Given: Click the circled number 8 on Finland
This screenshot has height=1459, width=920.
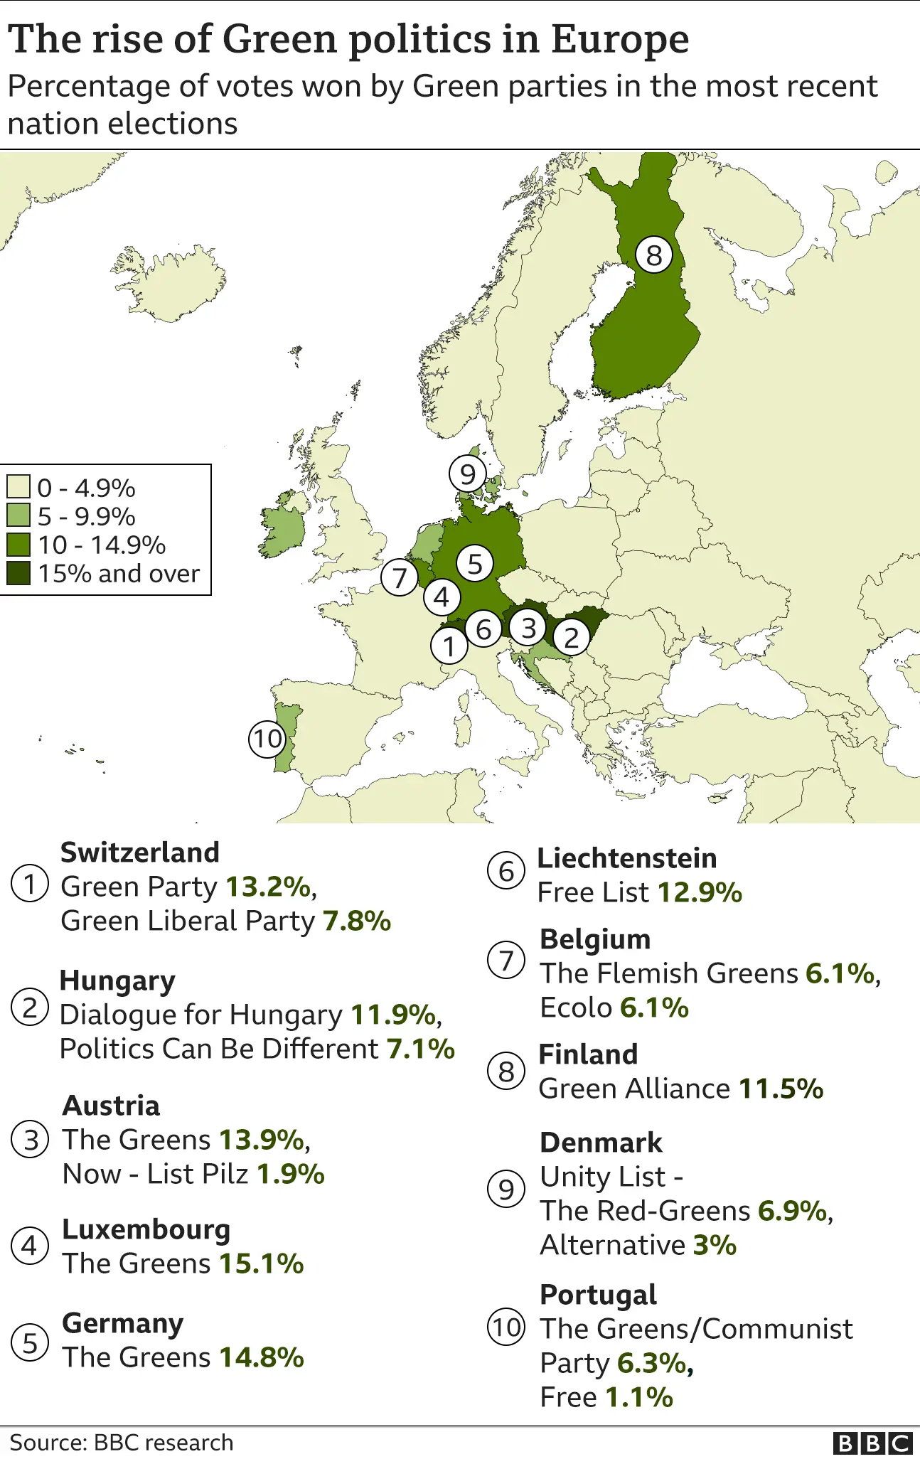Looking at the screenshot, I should coord(653,255).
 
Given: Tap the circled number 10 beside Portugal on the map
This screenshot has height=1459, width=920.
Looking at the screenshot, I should coord(267,739).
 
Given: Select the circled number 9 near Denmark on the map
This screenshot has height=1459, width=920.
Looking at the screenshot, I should coord(467,474).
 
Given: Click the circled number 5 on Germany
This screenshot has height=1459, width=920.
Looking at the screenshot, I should coord(475,564).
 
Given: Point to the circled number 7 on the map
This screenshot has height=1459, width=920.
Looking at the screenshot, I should coord(400,578).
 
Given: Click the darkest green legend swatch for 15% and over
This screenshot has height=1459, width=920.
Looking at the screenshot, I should coord(18,573).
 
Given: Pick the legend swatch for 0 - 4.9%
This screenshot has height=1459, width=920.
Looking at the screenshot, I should coord(18,487).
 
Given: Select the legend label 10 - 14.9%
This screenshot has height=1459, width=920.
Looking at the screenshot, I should coord(102,545).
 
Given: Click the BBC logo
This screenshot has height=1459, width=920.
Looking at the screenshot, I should coord(872,1443).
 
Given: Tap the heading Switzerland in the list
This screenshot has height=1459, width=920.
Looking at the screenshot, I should coord(140,853).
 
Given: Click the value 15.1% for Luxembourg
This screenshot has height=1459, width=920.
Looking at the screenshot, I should coord(261,1263).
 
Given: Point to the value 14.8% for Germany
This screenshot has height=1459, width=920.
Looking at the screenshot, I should coord(261,1357).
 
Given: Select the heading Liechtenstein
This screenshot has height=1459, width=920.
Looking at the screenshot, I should coord(626,858).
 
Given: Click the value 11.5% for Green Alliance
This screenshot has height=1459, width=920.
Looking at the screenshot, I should coord(781,1089).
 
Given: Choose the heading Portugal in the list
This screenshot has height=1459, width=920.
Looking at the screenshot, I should coord(598,1295).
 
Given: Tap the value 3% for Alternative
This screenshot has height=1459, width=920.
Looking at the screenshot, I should coord(715,1245).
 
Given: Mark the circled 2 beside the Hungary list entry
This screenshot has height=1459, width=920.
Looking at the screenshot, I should coord(30,1008).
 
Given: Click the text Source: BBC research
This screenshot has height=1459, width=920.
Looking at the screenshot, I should coord(122,1443).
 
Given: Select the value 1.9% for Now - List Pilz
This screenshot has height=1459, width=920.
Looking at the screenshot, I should coord(290,1174).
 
